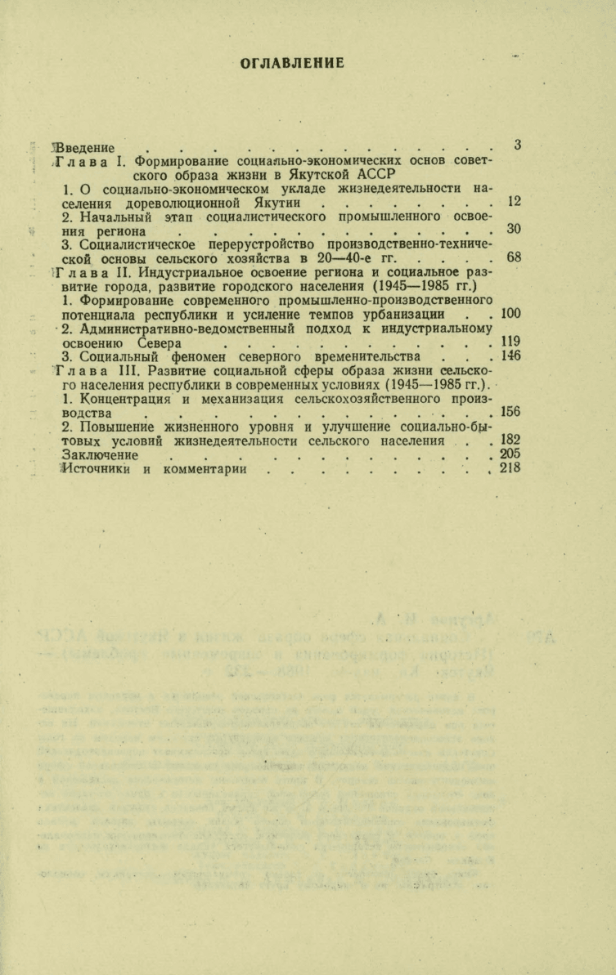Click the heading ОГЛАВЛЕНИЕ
pyautogui.click(x=292, y=63)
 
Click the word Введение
pyautogui.click(x=83, y=148)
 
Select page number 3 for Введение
pyautogui.click(x=517, y=145)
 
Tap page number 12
pyautogui.click(x=514, y=201)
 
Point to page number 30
pyautogui.click(x=514, y=229)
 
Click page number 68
pyautogui.click(x=514, y=257)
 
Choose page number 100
pyautogui.click(x=511, y=313)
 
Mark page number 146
pyautogui.click(x=511, y=356)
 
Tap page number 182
pyautogui.click(x=510, y=440)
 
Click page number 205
pyautogui.click(x=510, y=454)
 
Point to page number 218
pyautogui.click(x=510, y=468)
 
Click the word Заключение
pyautogui.click(x=100, y=455)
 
